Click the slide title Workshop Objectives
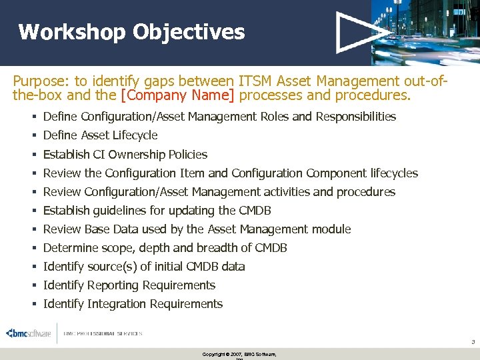[131, 32]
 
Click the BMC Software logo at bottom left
[29, 333]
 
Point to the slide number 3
[473, 342]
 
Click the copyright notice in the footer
[239, 354]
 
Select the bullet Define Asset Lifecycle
[100, 135]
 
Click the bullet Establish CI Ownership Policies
[125, 155]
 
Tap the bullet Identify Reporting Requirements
[129, 285]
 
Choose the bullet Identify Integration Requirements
[133, 304]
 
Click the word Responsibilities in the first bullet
[355, 117]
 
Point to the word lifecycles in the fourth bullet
[393, 173]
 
